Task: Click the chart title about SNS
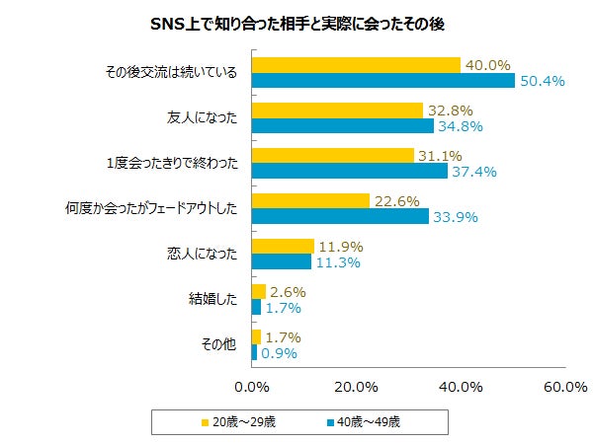pyautogui.click(x=296, y=24)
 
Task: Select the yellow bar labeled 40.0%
pyautogui.click(x=356, y=65)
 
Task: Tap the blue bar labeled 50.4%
pyautogui.click(x=383, y=80)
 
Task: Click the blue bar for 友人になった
pyautogui.click(x=342, y=126)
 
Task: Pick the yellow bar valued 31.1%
pyautogui.click(x=333, y=156)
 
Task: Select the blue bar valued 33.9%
pyautogui.click(x=340, y=216)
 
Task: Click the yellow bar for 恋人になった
pyautogui.click(x=283, y=246)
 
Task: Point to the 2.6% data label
pyautogui.click(x=288, y=292)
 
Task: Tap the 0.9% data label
pyautogui.click(x=279, y=352)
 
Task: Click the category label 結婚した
pyautogui.click(x=212, y=299)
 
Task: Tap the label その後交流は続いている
pyautogui.click(x=171, y=72)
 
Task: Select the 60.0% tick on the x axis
pyautogui.click(x=564, y=386)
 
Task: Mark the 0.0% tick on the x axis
pyautogui.click(x=252, y=386)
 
